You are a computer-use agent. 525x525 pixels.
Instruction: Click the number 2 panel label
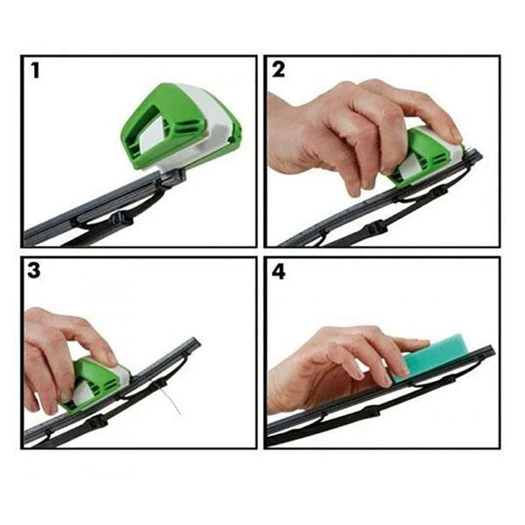click(x=279, y=70)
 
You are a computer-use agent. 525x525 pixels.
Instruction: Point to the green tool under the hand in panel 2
click(x=420, y=154)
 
